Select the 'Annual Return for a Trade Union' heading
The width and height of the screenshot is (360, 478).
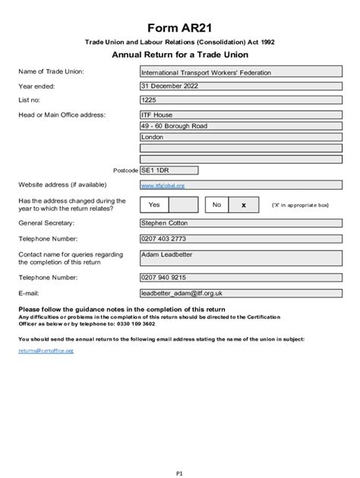point(180,55)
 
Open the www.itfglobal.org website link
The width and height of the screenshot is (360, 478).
point(163,185)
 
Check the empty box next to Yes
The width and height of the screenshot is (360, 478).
point(183,205)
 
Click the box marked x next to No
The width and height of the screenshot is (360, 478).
point(243,205)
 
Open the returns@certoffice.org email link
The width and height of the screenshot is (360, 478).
point(46,351)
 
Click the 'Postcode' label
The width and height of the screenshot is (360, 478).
point(125,171)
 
